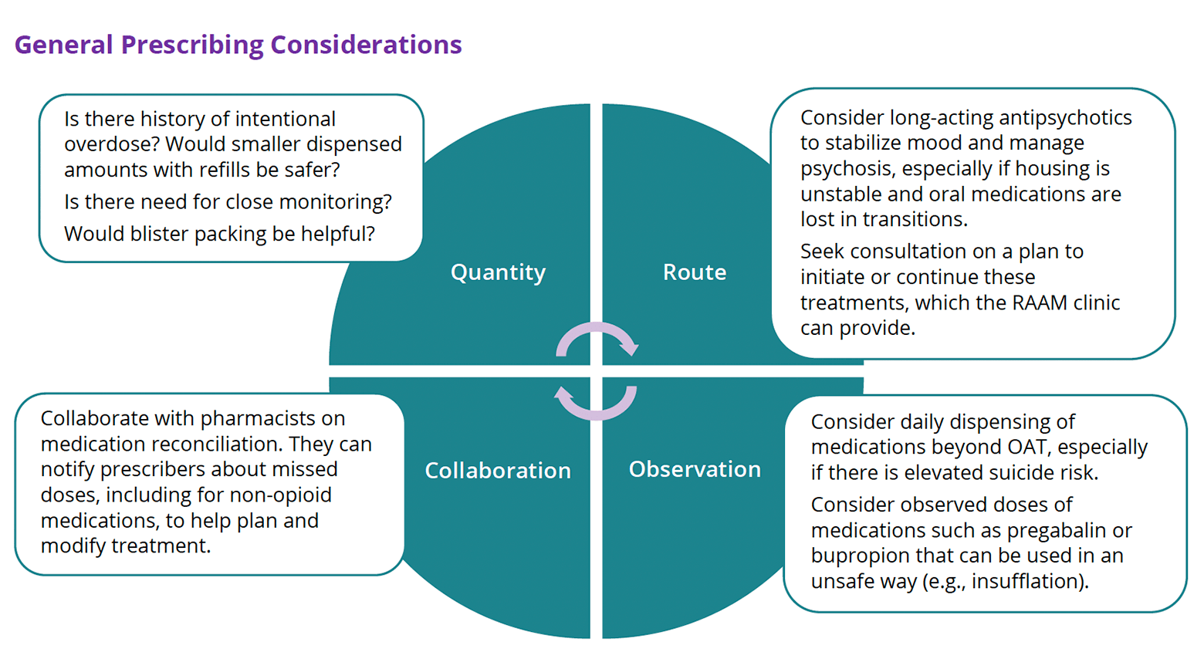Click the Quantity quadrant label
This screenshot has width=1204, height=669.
[x=498, y=272]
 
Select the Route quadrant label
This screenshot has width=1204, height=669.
[x=694, y=272]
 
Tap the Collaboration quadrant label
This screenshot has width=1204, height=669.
[x=498, y=471]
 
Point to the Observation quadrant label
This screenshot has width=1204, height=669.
[x=695, y=469]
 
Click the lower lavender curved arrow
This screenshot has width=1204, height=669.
[x=596, y=403]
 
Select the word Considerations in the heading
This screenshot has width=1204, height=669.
[x=366, y=45]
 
